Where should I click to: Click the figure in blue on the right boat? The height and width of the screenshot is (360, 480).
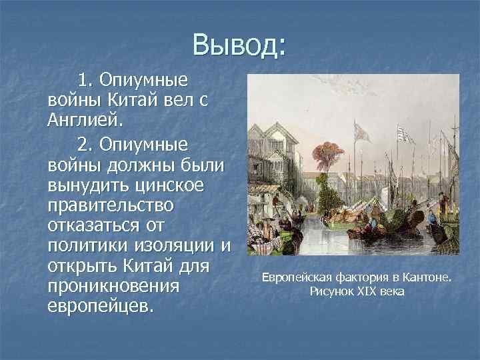coord(431,217)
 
